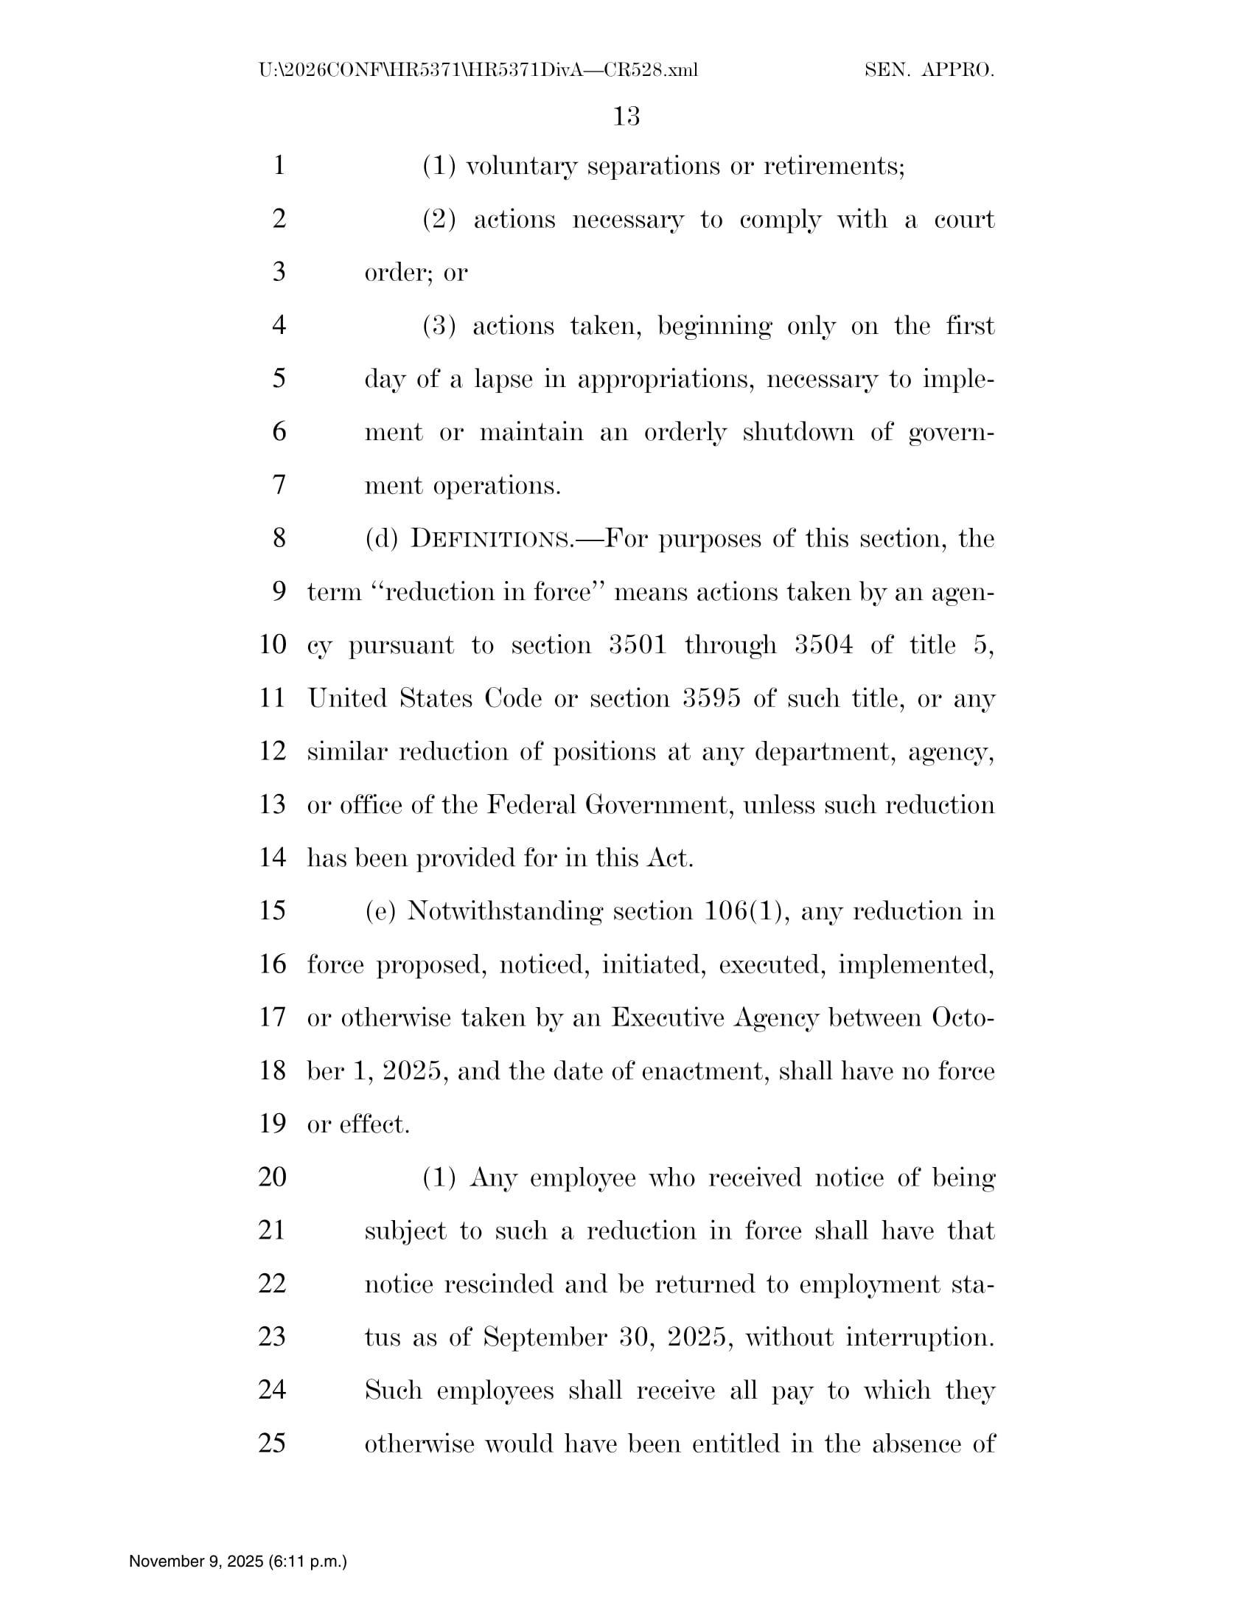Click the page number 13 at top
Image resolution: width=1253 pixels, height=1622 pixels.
[x=626, y=116]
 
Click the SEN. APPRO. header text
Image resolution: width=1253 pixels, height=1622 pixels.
[x=929, y=71]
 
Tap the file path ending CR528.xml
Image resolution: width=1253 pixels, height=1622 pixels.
[x=478, y=71]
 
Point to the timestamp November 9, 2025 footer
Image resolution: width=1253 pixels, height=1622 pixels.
[x=237, y=1561]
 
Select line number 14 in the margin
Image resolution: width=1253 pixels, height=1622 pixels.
[x=273, y=857]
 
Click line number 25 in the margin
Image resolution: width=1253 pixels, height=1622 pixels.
[x=273, y=1443]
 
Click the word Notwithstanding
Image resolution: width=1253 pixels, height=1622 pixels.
[x=505, y=911]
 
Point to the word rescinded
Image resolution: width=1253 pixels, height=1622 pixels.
[x=499, y=1284]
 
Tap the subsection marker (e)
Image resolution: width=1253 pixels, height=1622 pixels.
[x=380, y=911]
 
